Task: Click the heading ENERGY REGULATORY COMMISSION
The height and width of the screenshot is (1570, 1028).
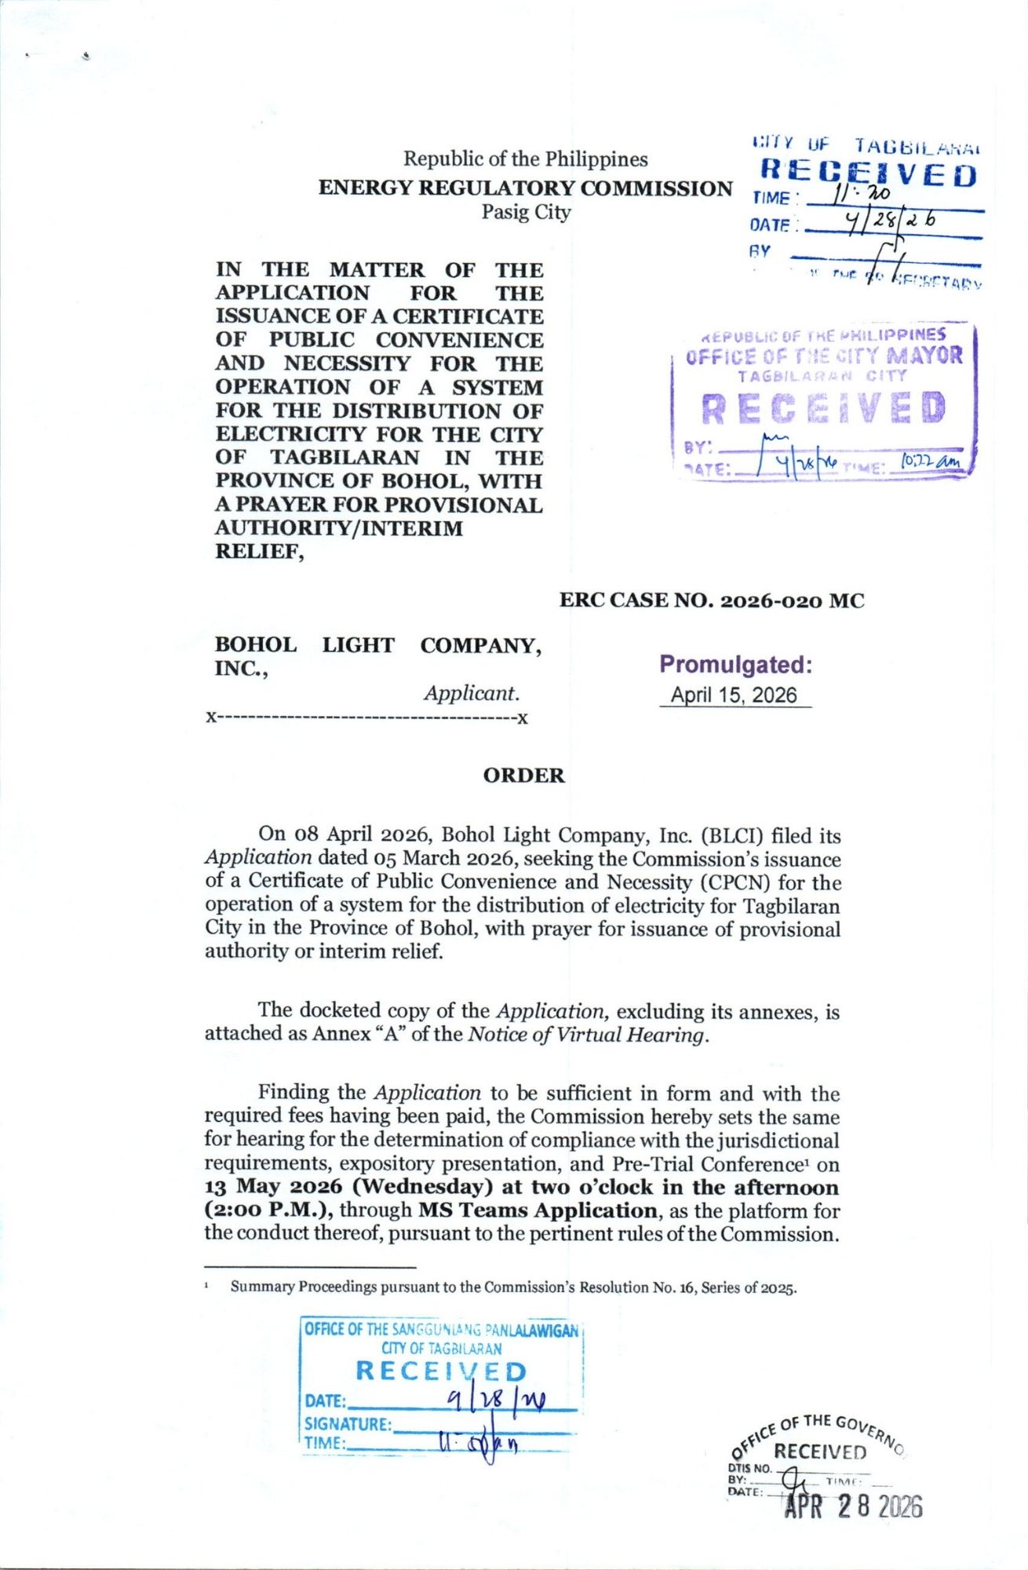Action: coord(525,188)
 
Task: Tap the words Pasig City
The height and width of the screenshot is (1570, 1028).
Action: coord(526,212)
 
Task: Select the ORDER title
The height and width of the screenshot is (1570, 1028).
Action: coord(523,776)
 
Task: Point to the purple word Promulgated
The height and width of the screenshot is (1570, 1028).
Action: coord(735,665)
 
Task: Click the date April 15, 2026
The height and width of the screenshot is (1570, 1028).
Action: coord(734,696)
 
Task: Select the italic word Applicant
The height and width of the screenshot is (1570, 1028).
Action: coord(471,693)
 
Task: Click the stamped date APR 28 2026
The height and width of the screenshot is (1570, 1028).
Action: coord(854,1506)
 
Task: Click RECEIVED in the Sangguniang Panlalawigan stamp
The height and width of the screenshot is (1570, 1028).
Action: coord(441,1371)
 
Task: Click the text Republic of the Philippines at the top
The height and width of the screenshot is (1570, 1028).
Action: coord(525,159)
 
